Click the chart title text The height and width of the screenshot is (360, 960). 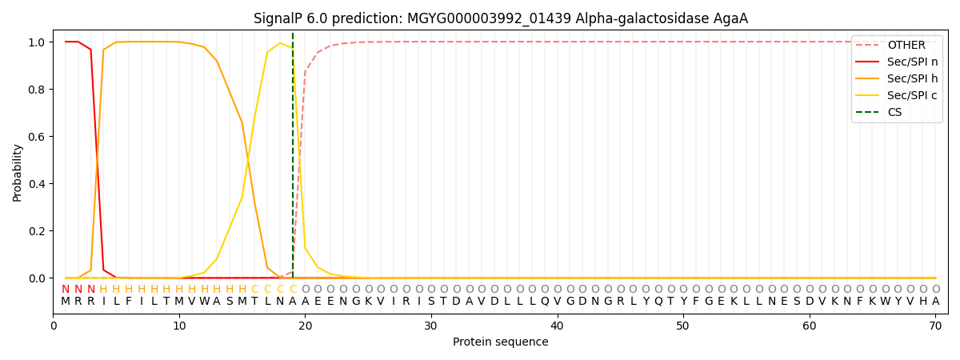tap(500, 18)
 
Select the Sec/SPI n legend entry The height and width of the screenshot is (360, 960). tap(912, 62)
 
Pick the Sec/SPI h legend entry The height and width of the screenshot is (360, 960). tap(913, 79)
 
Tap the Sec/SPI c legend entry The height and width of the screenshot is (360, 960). tap(912, 96)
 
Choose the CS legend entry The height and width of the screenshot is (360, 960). tap(894, 113)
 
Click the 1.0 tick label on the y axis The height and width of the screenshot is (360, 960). tap(38, 42)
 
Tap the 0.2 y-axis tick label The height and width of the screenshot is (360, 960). tap(38, 231)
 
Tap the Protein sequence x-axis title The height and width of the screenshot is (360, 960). tap(500, 342)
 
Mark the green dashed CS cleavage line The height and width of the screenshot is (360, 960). tap(293, 160)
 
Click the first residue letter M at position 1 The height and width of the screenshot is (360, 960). tap(66, 302)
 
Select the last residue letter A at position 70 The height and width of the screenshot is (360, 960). tap(935, 302)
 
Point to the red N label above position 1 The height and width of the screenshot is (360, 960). tap(66, 289)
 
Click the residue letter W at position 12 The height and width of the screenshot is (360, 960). tap(204, 302)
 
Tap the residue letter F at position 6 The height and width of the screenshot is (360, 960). tap(129, 302)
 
